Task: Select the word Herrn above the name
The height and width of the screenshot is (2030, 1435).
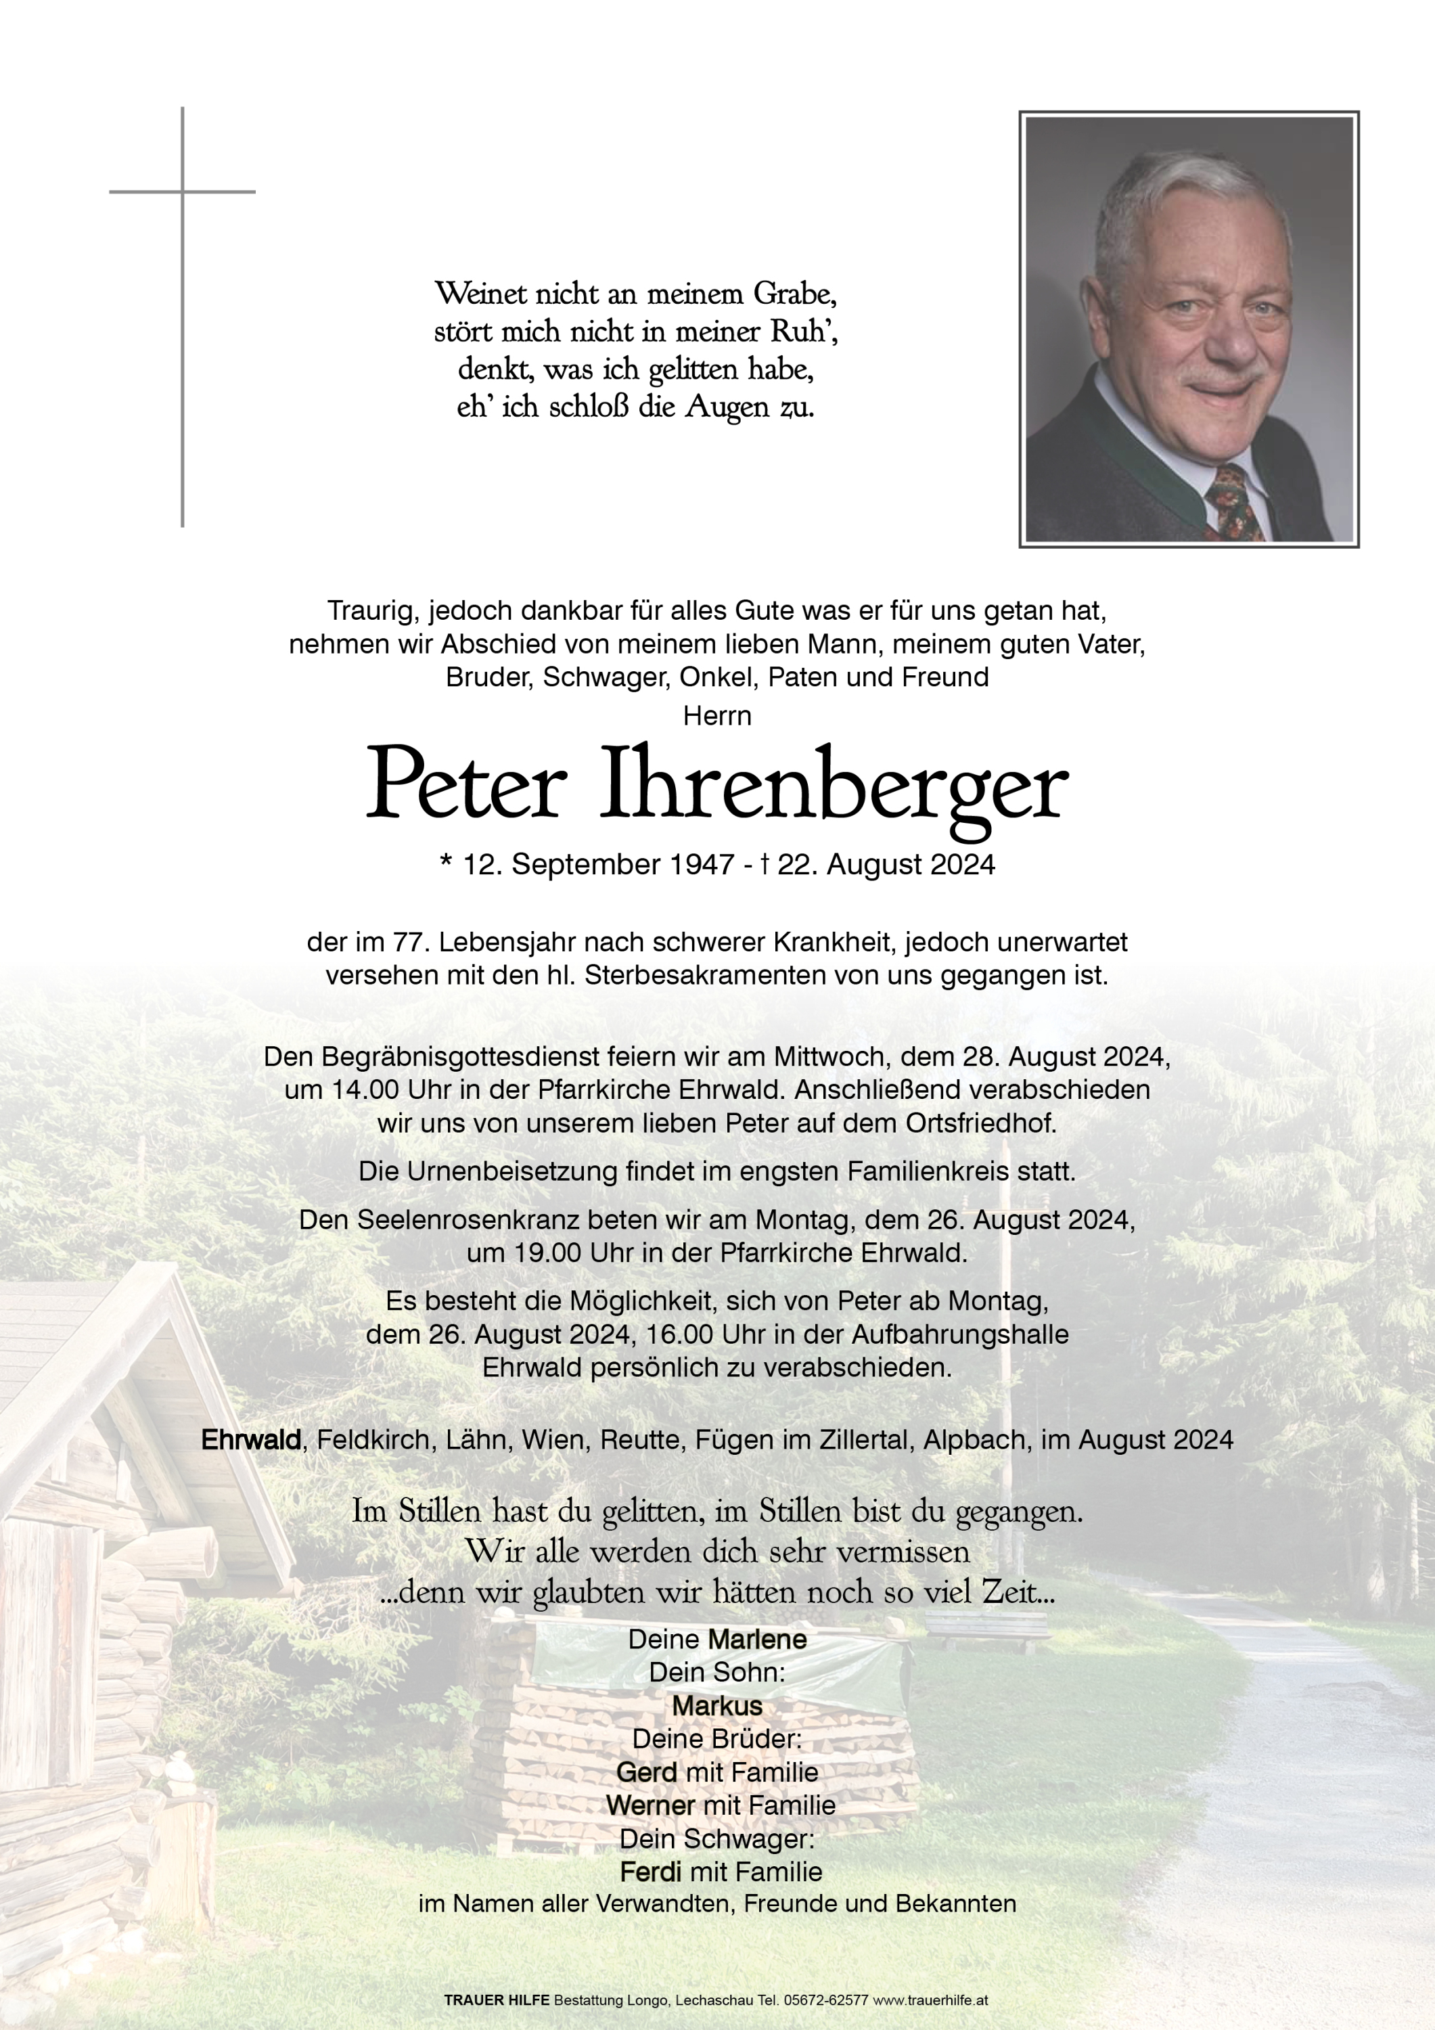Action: point(717,715)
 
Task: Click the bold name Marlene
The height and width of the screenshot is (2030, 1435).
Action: point(757,1639)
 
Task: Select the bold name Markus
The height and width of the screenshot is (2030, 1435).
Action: point(717,1705)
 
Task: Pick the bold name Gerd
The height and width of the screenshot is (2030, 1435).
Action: point(646,1772)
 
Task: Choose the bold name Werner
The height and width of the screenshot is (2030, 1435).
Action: point(650,1805)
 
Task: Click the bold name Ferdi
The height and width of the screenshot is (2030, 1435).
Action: point(650,1872)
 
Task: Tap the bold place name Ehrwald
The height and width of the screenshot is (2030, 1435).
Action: point(251,1439)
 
